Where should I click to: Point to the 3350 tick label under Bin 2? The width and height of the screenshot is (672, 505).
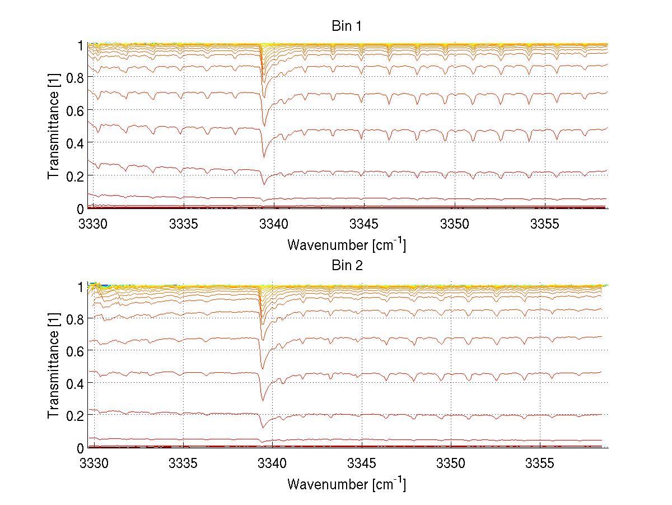point(451,464)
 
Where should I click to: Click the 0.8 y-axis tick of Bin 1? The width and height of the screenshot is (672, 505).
point(74,78)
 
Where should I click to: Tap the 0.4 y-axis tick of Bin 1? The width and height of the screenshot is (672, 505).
point(74,143)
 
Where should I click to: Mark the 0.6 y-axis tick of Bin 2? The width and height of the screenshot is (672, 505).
point(74,350)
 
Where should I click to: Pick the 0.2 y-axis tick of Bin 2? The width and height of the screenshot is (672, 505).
point(74,415)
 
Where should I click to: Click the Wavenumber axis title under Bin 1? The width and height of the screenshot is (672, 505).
point(347,244)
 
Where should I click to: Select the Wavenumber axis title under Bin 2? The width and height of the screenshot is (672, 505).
point(347,484)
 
